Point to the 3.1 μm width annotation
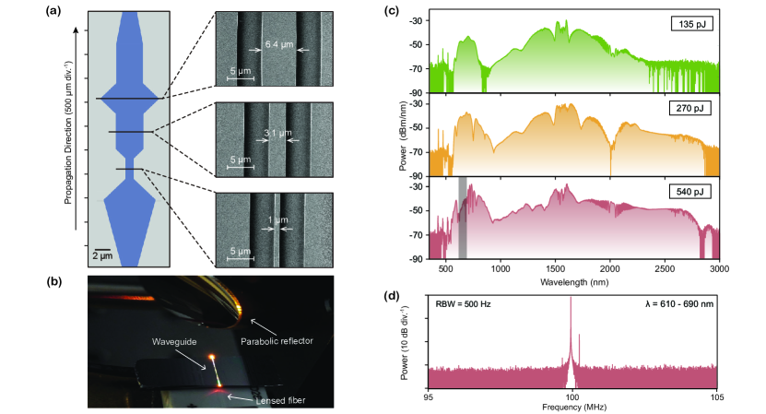[273, 133]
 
